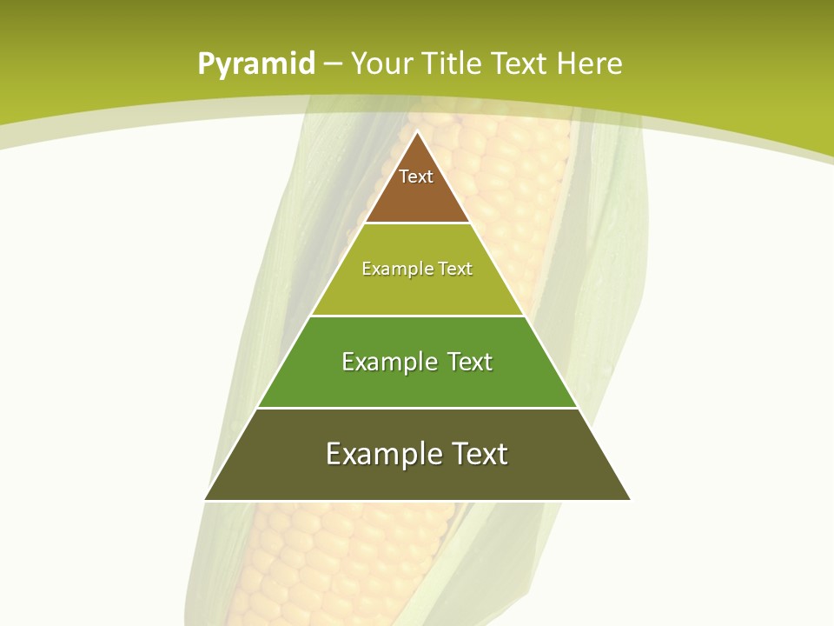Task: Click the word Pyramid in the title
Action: point(255,64)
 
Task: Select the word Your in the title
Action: point(382,64)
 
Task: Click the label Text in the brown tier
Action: point(416,176)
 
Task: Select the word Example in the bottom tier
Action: point(383,454)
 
